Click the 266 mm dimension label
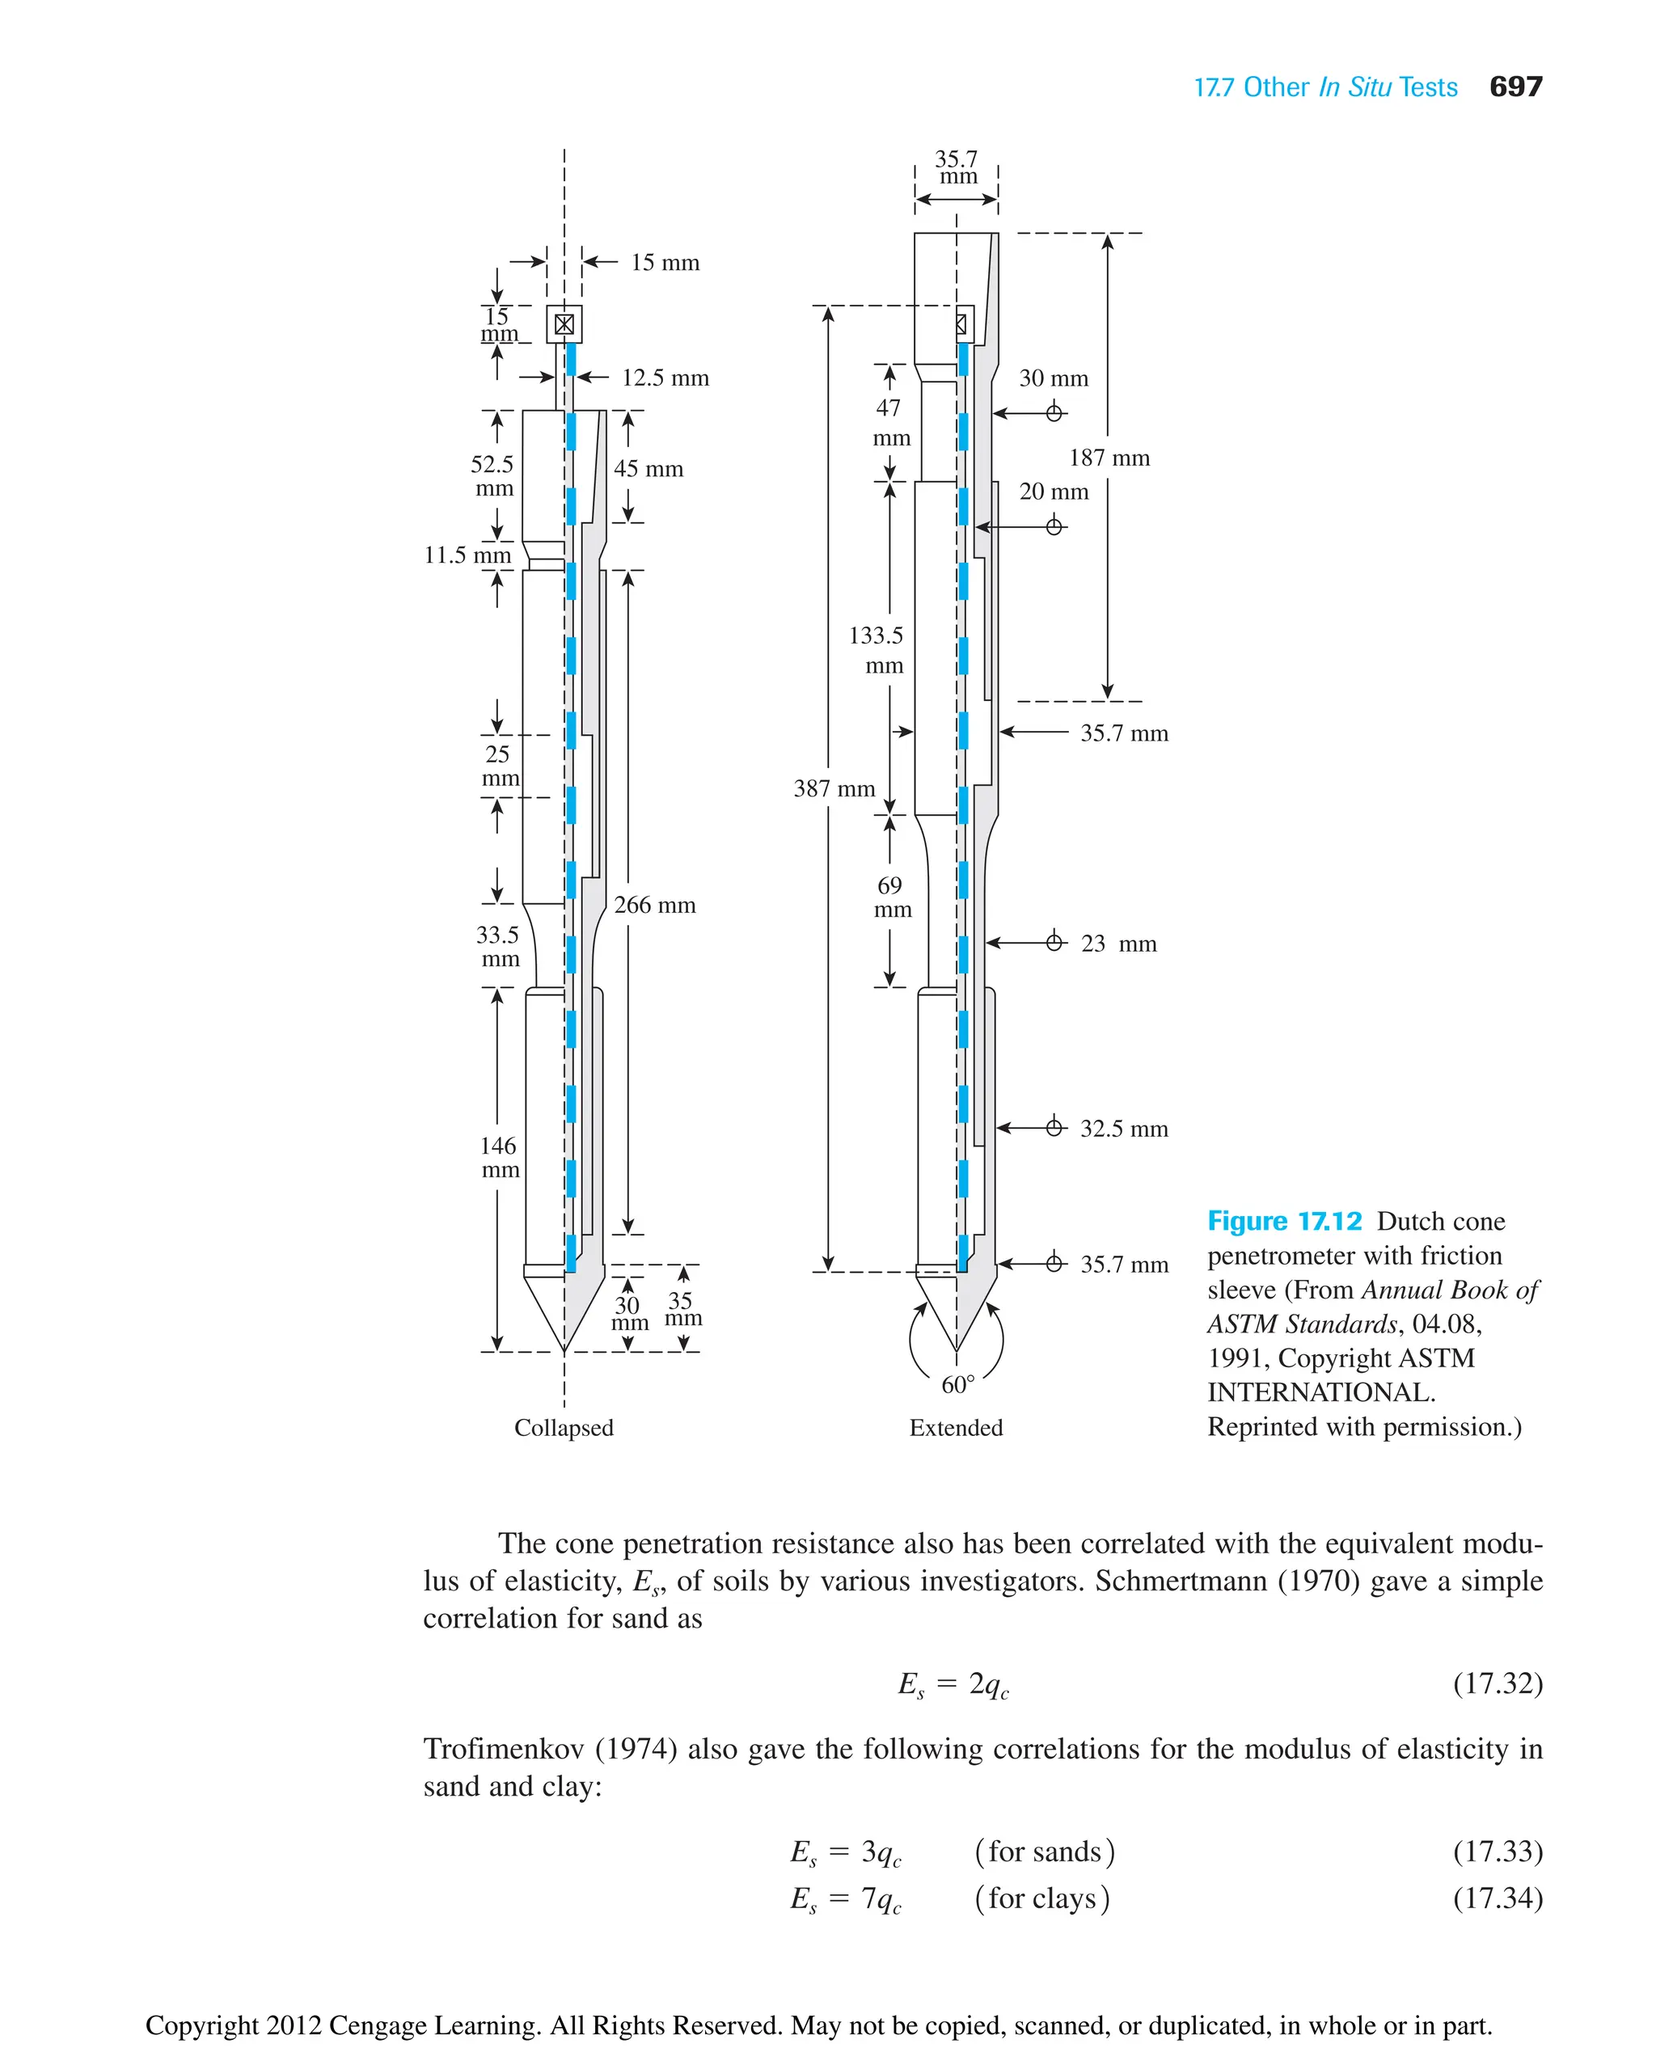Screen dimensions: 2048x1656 click(x=654, y=904)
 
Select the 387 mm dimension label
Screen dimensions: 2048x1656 click(x=834, y=788)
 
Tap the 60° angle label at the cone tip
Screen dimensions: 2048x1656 click(x=957, y=1384)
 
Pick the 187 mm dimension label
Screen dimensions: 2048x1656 click(x=1109, y=458)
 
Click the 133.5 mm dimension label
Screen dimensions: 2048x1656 click(x=876, y=649)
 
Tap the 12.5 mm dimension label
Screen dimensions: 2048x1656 click(x=665, y=378)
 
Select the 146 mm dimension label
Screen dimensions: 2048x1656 click(x=499, y=1157)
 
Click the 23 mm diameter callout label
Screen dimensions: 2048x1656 click(x=1118, y=944)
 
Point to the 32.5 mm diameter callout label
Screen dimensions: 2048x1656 click(x=1124, y=1129)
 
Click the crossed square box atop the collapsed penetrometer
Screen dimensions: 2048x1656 click(x=564, y=324)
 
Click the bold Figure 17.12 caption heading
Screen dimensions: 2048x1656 click(x=1284, y=1221)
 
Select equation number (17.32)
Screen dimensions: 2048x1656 click(x=1497, y=1683)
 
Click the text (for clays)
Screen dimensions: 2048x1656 click(x=1041, y=1898)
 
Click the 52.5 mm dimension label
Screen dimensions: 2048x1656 click(x=493, y=476)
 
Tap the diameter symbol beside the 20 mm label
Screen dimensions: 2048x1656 click(x=1054, y=526)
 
